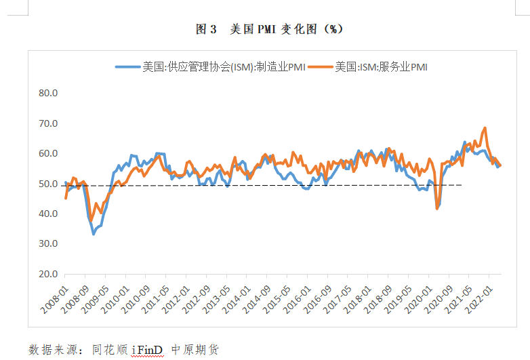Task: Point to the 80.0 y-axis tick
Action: (48, 93)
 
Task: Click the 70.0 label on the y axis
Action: (48, 123)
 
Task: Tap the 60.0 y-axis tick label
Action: (48, 153)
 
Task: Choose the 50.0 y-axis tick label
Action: (48, 184)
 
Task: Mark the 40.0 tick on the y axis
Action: (48, 214)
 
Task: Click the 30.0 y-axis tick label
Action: (48, 244)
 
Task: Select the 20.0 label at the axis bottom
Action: (48, 274)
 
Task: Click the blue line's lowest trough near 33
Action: (94, 234)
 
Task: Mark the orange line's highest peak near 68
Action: (485, 128)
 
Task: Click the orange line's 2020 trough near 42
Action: (437, 208)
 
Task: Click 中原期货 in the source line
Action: (195, 349)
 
